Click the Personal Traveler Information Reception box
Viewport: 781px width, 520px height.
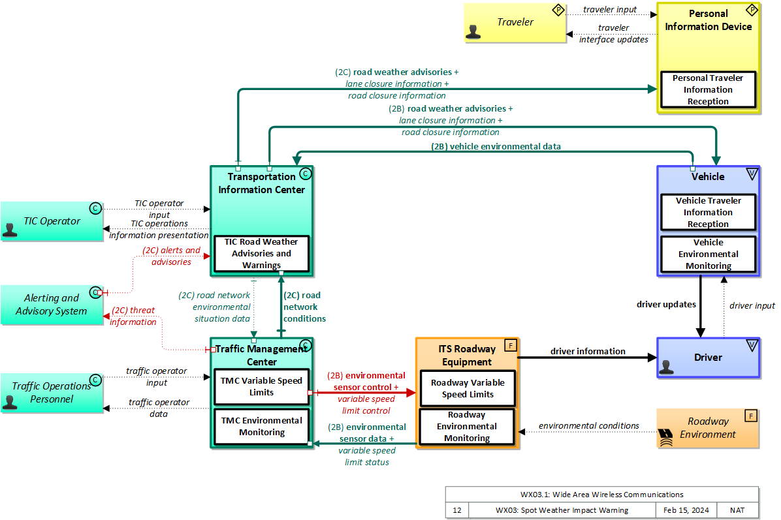[708, 89]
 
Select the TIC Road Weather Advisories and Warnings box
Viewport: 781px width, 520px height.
[261, 254]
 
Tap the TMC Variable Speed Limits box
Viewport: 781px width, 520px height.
[261, 386]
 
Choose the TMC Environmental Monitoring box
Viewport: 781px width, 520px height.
[261, 426]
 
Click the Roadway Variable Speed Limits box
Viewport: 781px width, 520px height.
[467, 388]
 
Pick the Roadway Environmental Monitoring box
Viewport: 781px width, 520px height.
[467, 426]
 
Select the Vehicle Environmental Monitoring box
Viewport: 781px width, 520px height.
[708, 254]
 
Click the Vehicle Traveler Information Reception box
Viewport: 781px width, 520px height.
[708, 212]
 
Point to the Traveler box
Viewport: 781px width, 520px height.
[515, 23]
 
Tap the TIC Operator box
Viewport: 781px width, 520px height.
[51, 221]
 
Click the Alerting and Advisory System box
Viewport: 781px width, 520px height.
[51, 305]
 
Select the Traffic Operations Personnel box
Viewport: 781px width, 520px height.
[51, 393]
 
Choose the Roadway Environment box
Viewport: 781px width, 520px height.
[708, 428]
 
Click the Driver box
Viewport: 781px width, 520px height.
[708, 358]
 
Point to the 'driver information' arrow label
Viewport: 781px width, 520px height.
[588, 352]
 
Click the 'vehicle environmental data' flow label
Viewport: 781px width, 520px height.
[496, 147]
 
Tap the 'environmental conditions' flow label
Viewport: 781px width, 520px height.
[588, 426]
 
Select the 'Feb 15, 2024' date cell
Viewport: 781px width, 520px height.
[685, 510]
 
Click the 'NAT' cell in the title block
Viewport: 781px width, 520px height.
[737, 510]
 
